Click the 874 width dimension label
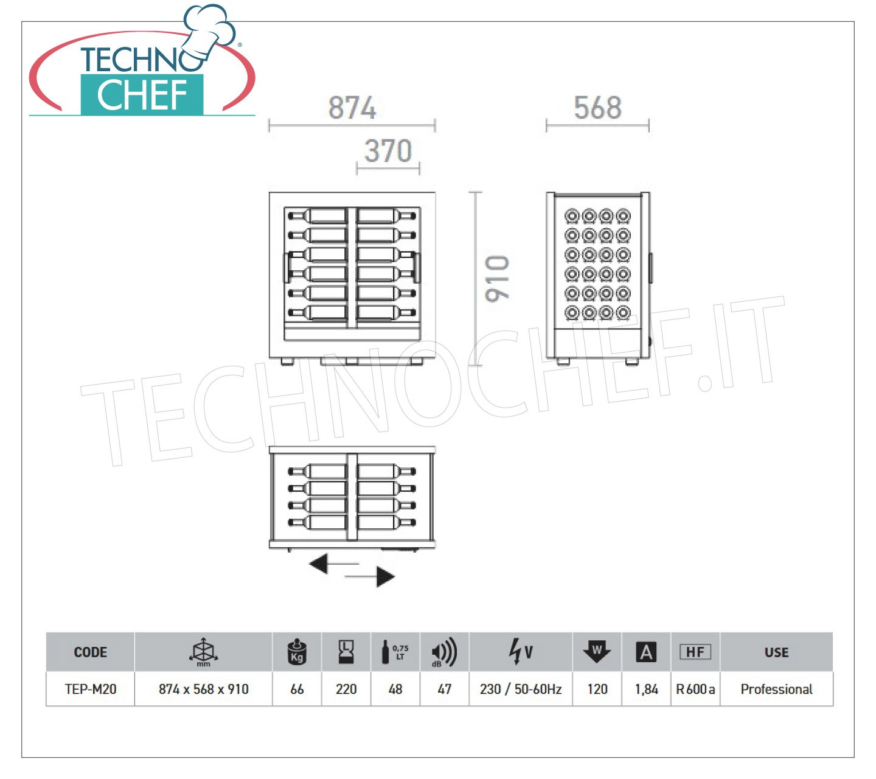[352, 108]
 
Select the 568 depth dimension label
[597, 108]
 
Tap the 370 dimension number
[388, 151]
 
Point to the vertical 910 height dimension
[497, 278]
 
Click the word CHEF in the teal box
[142, 95]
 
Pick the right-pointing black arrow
[370, 577]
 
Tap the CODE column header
[91, 652]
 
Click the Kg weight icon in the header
[297, 651]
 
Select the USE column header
[777, 652]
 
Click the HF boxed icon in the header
[695, 652]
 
